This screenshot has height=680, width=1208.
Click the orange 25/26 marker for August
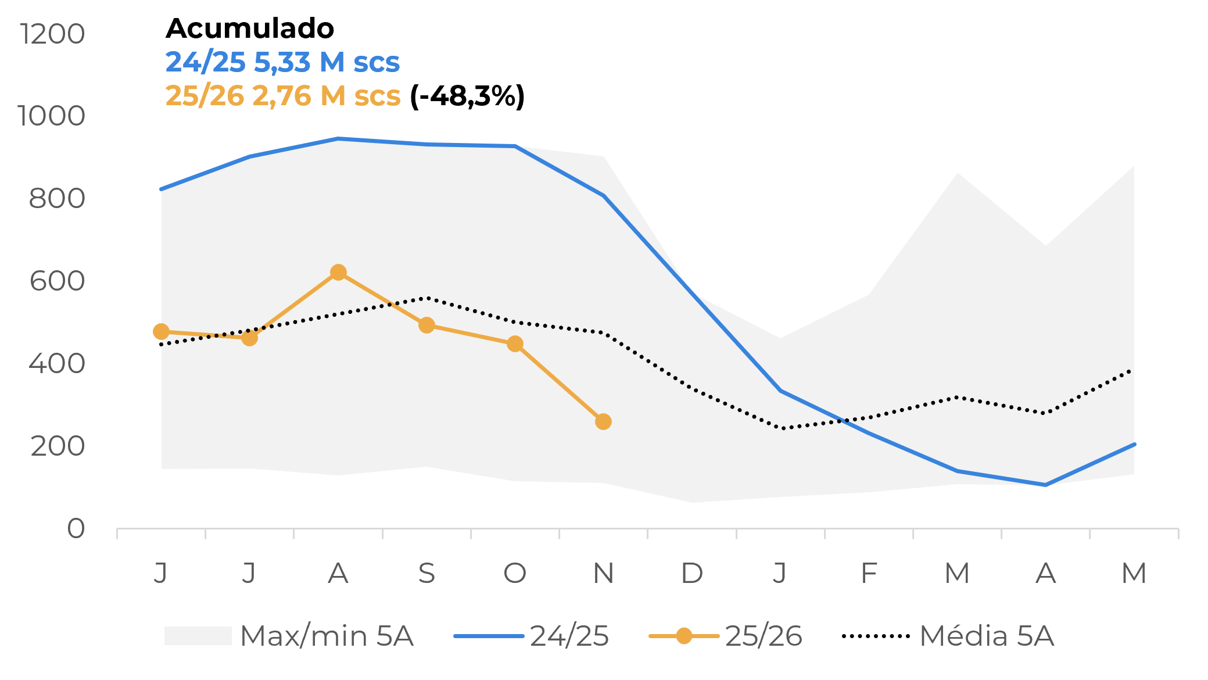[338, 273]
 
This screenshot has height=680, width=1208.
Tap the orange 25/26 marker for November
[603, 421]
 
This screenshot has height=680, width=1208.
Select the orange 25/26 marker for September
[426, 325]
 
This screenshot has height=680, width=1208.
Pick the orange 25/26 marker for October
[515, 344]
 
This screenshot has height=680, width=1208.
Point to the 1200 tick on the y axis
[52, 34]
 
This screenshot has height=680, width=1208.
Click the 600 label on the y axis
[57, 281]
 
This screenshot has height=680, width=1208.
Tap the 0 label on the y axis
[76, 529]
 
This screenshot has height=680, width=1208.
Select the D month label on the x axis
[691, 574]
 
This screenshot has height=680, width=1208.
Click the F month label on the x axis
[868, 574]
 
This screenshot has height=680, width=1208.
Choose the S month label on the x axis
[426, 574]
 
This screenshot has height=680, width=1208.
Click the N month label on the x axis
[603, 574]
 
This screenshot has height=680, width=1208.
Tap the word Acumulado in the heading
[250, 28]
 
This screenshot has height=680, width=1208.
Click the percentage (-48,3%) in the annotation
[467, 96]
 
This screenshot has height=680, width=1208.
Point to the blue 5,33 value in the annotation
[282, 62]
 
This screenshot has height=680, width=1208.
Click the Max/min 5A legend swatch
[198, 636]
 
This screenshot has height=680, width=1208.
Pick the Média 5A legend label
[987, 636]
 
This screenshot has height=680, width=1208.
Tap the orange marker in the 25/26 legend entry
[684, 636]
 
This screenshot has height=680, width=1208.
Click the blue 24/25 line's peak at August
[338, 139]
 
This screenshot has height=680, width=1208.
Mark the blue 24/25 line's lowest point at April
[1045, 485]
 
